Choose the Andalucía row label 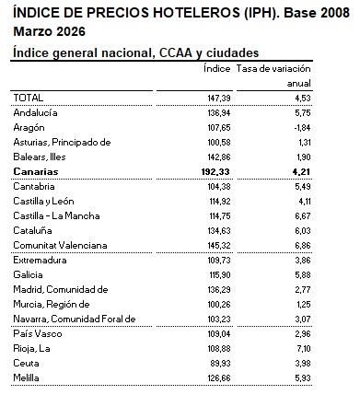36,111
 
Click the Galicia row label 28,274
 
